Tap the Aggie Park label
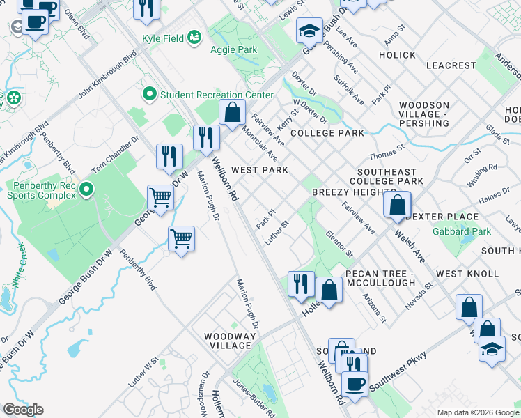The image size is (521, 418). click(233, 49)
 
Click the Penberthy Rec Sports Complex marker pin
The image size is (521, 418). click(86, 189)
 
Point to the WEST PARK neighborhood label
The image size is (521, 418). click(259, 170)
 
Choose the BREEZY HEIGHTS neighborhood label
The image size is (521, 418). click(344, 192)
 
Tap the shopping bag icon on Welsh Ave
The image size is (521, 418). click(396, 206)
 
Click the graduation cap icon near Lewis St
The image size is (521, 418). click(309, 31)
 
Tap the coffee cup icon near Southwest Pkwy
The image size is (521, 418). click(355, 384)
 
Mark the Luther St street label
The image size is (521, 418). click(276, 233)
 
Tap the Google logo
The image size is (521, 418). click(22, 410)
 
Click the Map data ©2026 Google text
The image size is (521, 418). click(478, 412)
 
